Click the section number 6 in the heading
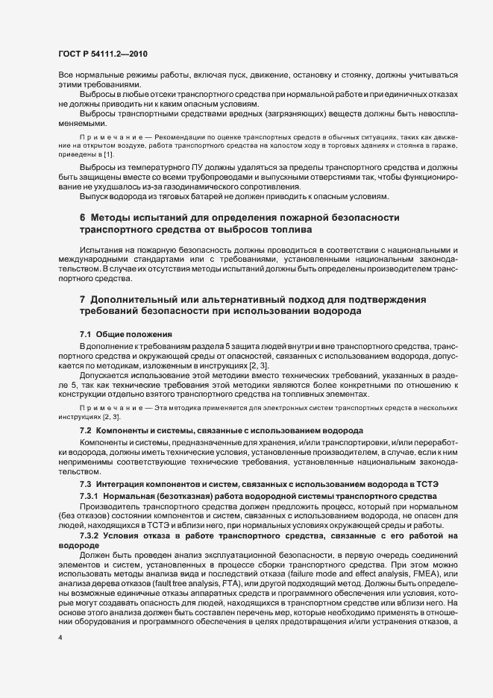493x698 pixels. click(x=83, y=216)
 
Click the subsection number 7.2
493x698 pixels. click(x=85, y=432)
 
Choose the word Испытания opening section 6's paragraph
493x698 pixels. click(x=102, y=248)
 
